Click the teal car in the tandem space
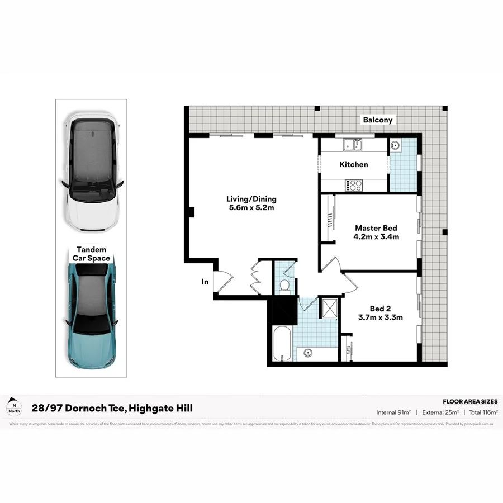point(91,316)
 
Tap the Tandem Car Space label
point(91,254)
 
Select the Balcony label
point(378,120)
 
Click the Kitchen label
point(354,164)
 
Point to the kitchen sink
point(353,145)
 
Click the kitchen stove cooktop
point(354,184)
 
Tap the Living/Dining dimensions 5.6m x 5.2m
point(251,208)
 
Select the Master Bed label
point(376,227)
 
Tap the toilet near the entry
point(284,286)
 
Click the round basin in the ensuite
point(396,146)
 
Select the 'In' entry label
point(205,282)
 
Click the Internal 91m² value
point(394,412)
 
